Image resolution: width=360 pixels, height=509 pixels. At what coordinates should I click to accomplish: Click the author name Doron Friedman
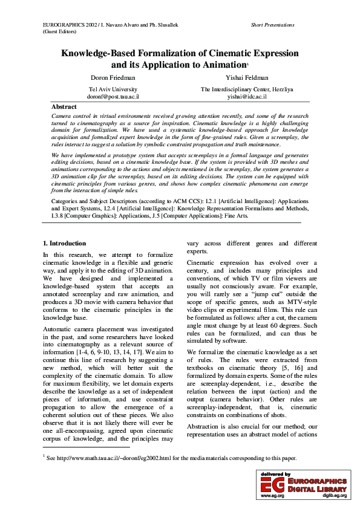pos(113,78)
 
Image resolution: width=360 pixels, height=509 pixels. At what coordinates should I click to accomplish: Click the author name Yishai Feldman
pos(246,78)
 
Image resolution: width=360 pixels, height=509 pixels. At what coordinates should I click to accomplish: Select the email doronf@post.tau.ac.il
pos(113,96)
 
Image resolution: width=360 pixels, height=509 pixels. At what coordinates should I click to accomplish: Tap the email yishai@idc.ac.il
pos(246,96)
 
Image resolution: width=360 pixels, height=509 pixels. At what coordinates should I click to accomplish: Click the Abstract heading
pos(64,106)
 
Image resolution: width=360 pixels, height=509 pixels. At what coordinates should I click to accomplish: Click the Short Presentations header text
pos(272,25)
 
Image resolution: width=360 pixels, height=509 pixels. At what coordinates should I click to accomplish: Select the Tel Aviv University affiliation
pos(113,89)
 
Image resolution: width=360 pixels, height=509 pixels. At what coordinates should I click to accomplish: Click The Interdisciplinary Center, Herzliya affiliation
pos(247,89)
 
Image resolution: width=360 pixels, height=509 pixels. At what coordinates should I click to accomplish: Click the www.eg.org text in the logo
pos(272,495)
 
